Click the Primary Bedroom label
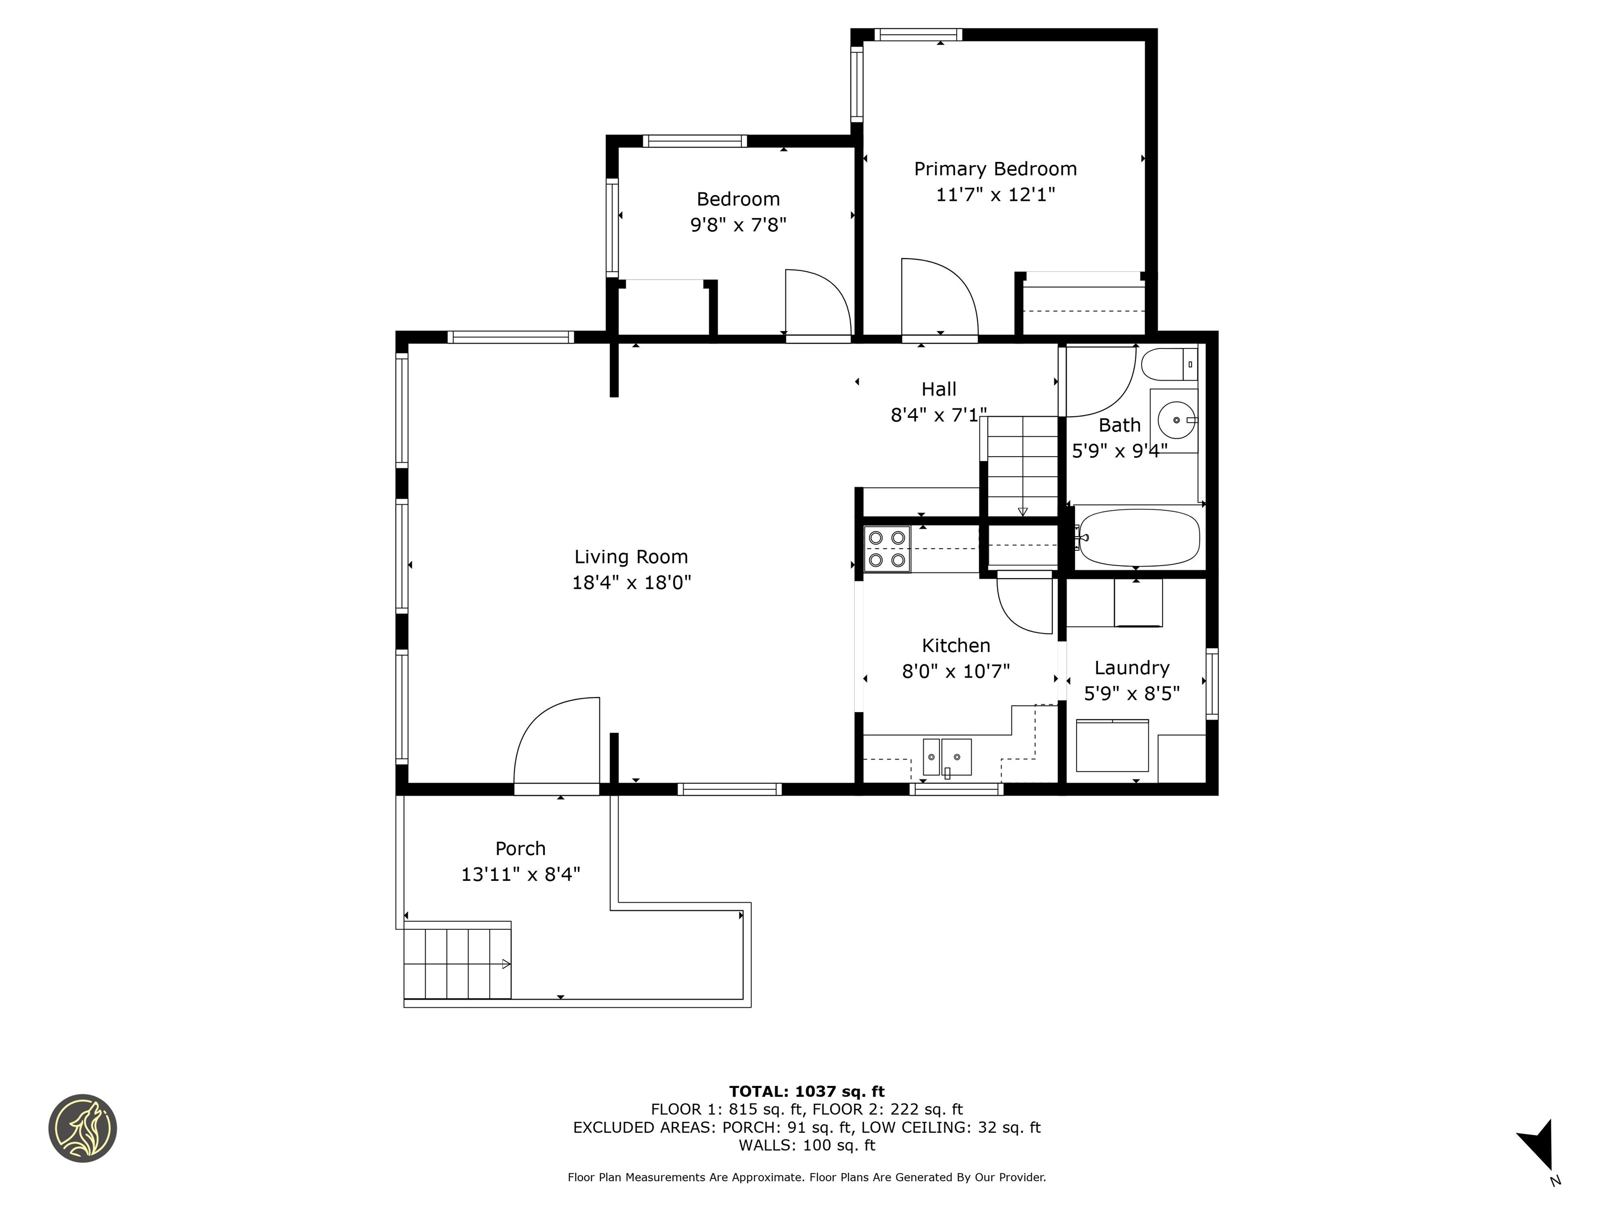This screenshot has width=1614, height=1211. pos(995,169)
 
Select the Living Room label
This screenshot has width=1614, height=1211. pos(631,557)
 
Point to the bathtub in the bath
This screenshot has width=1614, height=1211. pos(1139,538)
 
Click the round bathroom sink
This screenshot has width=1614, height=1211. pos(1176,420)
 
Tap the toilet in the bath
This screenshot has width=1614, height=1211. pos(1167,364)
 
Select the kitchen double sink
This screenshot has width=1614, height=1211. pos(947,757)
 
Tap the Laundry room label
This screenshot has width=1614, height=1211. pos(1132,668)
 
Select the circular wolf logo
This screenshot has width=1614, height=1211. pos(82,1128)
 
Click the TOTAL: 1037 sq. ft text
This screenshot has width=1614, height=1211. pos(806,1091)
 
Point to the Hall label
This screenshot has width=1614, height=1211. pos(938,389)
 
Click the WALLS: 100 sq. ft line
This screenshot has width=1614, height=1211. pos(806,1145)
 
